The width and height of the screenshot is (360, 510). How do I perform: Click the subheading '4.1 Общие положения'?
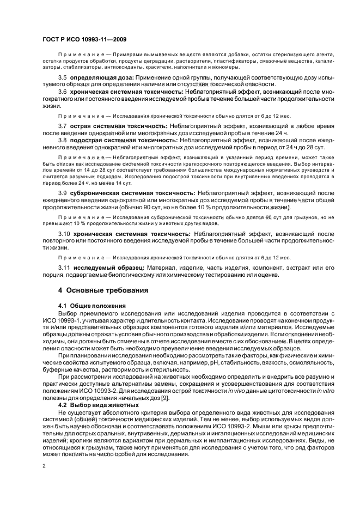click(92, 306)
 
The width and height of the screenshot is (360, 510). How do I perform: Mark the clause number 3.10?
click(65, 233)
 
